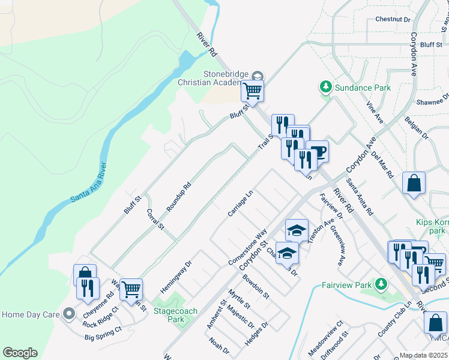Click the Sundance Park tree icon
[x=326, y=88]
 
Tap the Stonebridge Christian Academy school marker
[x=258, y=76]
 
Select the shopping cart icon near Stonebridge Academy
[x=253, y=92]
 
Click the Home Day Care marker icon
[x=70, y=314]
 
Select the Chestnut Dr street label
[x=393, y=19]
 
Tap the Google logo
[x=20, y=353]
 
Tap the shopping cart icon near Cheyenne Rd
[x=131, y=289]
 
